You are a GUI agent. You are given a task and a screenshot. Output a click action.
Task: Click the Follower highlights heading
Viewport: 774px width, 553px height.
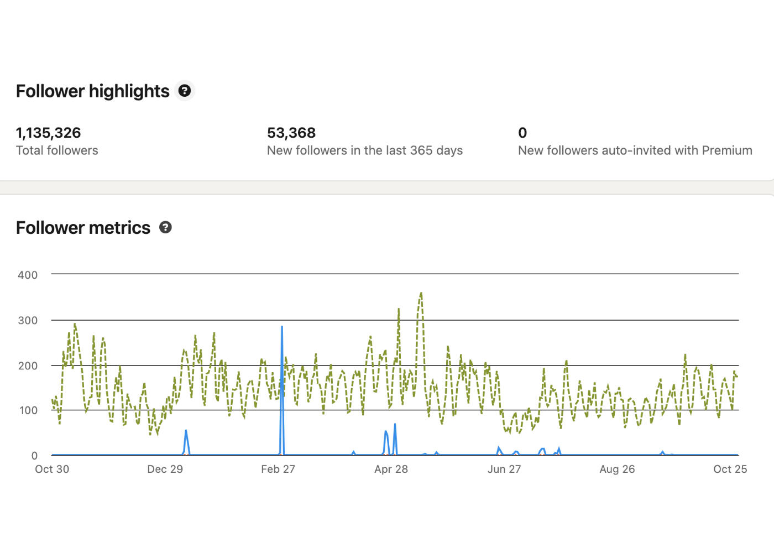[92, 91]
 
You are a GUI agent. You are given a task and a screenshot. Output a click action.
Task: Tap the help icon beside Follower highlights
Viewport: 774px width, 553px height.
[185, 91]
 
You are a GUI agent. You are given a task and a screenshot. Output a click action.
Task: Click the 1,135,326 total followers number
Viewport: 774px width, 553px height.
[48, 133]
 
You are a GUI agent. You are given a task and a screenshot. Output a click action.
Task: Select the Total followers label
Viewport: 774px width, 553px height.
[57, 150]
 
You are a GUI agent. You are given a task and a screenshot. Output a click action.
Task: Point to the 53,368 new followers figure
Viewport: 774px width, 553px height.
[291, 133]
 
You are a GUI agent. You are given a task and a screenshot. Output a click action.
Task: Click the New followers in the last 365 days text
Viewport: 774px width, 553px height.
[364, 150]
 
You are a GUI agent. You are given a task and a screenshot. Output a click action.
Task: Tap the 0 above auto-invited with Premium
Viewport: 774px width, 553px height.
[522, 133]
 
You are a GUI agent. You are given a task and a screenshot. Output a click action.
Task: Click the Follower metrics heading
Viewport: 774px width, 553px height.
[83, 228]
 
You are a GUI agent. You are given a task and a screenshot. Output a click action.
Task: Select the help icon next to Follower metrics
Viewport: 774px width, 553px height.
[165, 227]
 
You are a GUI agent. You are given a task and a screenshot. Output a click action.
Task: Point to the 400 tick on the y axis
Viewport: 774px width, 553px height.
[28, 275]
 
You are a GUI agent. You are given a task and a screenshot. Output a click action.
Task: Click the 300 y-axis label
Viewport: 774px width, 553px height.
[28, 320]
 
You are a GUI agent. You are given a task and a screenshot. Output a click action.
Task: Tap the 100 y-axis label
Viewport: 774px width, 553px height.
[28, 410]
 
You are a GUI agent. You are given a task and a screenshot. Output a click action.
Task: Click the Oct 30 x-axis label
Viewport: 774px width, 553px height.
[52, 469]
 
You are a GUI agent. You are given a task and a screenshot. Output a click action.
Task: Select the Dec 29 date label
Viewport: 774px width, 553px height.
[165, 469]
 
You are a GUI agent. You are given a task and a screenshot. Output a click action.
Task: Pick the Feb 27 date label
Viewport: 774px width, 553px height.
[278, 469]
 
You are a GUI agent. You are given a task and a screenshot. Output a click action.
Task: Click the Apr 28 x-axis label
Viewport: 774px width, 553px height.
[391, 469]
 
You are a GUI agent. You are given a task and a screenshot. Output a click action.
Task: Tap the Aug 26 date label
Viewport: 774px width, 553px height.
[617, 469]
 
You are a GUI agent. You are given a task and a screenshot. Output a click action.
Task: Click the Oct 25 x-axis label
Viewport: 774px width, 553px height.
[730, 469]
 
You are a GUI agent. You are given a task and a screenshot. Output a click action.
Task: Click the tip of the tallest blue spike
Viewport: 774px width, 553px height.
[282, 327]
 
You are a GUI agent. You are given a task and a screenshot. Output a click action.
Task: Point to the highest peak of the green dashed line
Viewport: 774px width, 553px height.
[421, 293]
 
